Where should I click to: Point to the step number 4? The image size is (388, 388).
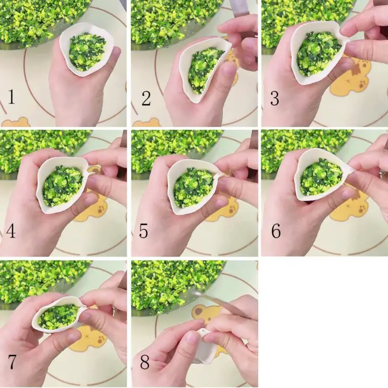coord(11,231)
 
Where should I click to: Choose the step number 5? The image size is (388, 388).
coord(143,231)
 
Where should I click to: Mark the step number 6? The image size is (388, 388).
coord(276,231)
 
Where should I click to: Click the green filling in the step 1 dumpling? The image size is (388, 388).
coord(87,51)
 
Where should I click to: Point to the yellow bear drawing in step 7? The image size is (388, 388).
coord(88,337)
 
